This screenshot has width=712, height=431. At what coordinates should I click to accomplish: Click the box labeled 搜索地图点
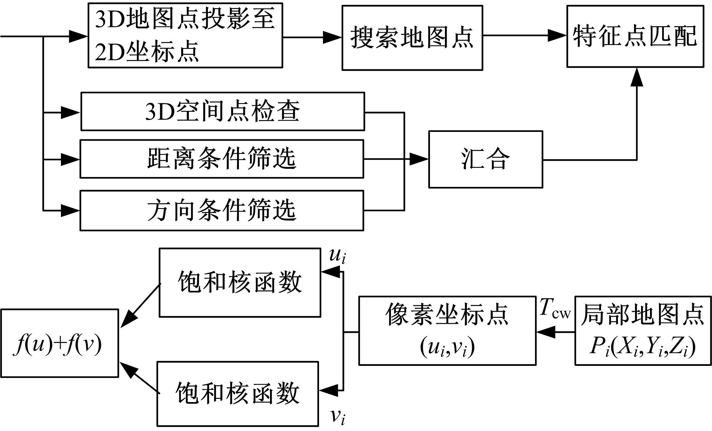412,38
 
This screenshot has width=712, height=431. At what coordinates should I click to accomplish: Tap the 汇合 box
485,159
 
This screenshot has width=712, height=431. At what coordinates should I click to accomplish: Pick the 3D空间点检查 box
222,111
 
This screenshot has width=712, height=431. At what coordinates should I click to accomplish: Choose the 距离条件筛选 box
222,159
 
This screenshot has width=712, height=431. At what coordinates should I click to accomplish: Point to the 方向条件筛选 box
222,210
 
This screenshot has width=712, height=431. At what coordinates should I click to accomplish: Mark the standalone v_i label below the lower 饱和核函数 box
338,416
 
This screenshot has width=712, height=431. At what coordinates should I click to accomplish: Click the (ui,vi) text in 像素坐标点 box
447,347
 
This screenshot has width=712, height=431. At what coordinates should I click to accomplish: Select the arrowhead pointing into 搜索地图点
332,37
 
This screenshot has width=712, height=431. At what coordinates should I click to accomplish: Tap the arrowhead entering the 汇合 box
419,159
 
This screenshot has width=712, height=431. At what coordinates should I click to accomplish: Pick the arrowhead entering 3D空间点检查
71,112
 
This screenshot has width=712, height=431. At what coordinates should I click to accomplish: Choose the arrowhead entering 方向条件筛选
70,211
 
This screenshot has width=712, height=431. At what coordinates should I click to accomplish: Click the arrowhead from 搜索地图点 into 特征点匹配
557,35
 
